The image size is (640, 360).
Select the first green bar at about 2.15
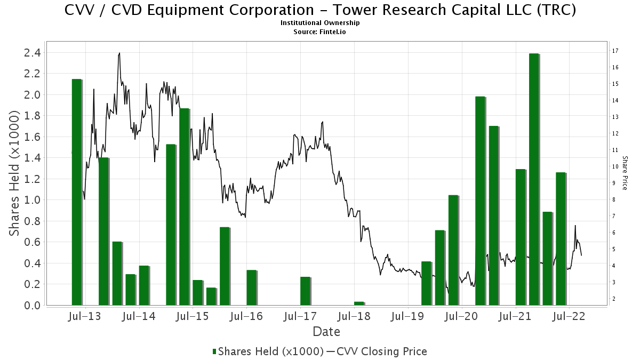[x=77, y=192]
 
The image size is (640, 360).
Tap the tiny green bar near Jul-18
[x=359, y=303]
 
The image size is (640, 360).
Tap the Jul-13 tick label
[x=85, y=316]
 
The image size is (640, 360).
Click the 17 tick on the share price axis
[x=615, y=51]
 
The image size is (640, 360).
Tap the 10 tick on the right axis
[x=615, y=166]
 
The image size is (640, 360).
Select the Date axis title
[x=326, y=332]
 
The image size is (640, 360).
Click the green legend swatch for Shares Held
[x=214, y=351]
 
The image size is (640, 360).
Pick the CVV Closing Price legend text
[x=381, y=351]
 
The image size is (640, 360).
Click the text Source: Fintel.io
[x=320, y=32]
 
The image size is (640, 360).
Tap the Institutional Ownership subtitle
[x=320, y=23]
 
